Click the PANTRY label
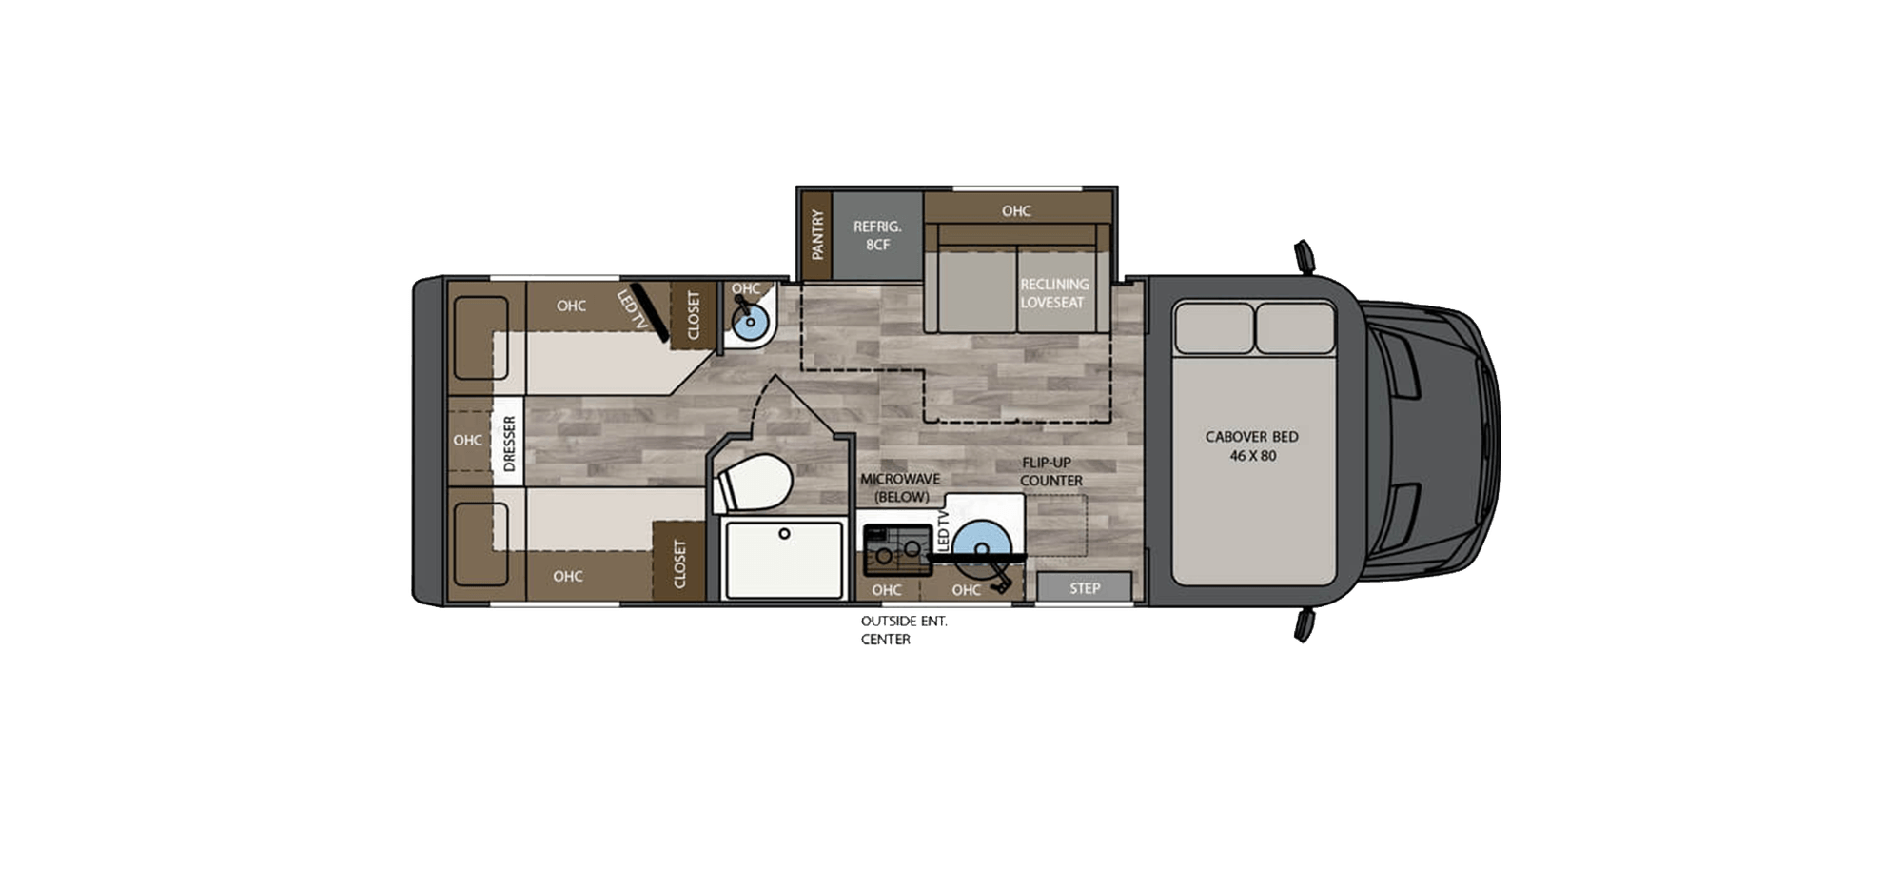click(816, 235)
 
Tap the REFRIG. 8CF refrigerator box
click(876, 235)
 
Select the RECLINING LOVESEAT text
click(1053, 293)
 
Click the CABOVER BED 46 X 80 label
click(1251, 445)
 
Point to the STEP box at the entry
click(1084, 588)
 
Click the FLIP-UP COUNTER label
click(1050, 471)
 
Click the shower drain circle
click(784, 534)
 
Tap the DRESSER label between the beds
click(508, 443)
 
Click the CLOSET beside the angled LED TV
click(693, 314)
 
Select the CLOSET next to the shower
click(679, 563)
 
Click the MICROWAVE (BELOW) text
click(899, 487)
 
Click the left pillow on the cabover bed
click(1213, 328)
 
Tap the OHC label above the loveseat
click(1015, 210)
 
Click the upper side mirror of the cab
click(1304, 256)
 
